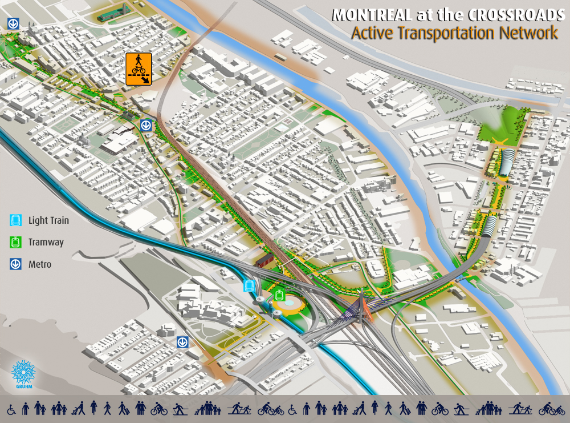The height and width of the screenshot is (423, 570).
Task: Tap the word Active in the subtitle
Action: [371, 33]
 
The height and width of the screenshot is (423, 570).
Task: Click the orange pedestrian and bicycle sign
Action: [139, 69]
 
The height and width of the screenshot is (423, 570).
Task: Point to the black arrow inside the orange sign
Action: [147, 80]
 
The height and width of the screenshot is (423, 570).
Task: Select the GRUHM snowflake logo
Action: [23, 372]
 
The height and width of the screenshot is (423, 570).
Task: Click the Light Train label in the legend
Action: [48, 220]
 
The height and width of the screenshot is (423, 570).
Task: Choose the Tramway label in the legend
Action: [46, 242]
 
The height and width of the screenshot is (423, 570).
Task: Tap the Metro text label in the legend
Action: [39, 264]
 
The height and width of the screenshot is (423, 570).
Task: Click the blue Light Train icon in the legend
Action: [15, 220]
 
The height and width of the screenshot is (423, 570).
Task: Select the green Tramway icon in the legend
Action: [15, 242]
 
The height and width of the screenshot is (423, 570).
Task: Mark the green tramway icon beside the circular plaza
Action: [279, 295]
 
